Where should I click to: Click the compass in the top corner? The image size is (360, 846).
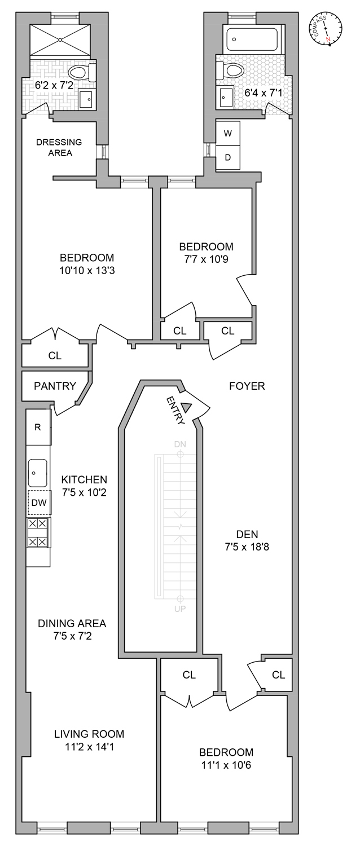[326, 29]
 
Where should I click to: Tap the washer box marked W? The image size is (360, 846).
[228, 133]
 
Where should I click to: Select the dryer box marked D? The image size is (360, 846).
[228, 157]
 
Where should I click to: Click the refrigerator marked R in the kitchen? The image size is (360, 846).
[38, 427]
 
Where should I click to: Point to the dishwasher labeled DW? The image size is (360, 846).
[39, 503]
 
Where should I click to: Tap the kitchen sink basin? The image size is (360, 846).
[38, 473]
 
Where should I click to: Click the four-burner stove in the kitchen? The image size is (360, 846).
[38, 532]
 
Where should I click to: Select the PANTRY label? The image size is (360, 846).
[55, 386]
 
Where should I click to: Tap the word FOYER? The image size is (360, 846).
[247, 386]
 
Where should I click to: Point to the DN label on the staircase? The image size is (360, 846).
[180, 444]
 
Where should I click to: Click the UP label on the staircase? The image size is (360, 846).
[180, 609]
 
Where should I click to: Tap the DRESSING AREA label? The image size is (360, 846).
[59, 147]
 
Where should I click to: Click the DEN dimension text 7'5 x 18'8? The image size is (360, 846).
[247, 547]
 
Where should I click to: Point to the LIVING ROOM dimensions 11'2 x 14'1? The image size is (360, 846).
[89, 747]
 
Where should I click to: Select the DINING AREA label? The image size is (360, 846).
[72, 623]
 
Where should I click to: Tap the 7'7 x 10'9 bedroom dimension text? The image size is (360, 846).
[207, 259]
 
